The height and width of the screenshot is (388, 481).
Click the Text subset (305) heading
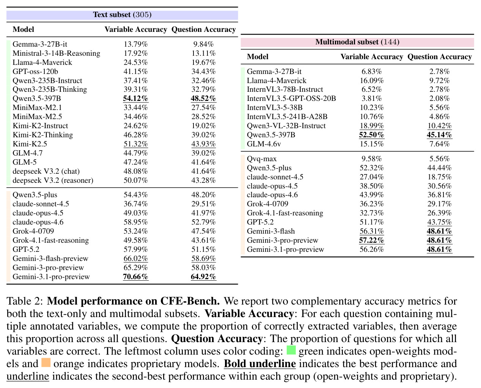[x=122, y=15]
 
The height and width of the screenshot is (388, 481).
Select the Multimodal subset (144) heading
[x=357, y=42]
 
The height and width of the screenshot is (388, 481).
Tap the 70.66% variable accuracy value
[x=136, y=277]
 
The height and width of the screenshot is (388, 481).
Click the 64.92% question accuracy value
[x=203, y=277]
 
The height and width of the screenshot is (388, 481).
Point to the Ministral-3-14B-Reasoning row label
[x=56, y=53]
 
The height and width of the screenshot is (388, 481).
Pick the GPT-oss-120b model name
[x=35, y=72]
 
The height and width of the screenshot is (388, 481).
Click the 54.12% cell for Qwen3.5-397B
[x=136, y=99]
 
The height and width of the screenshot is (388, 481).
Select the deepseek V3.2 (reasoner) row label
[x=53, y=181]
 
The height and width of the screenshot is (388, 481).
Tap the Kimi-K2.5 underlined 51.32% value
[x=136, y=144]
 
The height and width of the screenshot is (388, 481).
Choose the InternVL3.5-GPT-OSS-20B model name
[x=291, y=99]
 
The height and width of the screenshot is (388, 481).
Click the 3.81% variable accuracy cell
[x=372, y=99]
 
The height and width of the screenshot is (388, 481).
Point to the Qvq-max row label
[x=262, y=159]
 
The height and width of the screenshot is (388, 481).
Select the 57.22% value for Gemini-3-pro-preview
[x=372, y=240]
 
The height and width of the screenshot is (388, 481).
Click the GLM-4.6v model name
[x=264, y=144]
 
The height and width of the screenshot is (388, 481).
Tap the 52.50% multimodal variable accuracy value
[x=372, y=135]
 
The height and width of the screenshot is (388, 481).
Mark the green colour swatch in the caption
[x=291, y=350]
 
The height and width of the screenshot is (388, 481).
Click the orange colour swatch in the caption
[x=46, y=363]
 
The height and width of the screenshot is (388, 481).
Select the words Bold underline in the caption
[x=260, y=364]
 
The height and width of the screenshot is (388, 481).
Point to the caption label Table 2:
[x=25, y=301]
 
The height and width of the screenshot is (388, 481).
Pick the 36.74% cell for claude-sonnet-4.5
[x=136, y=204]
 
